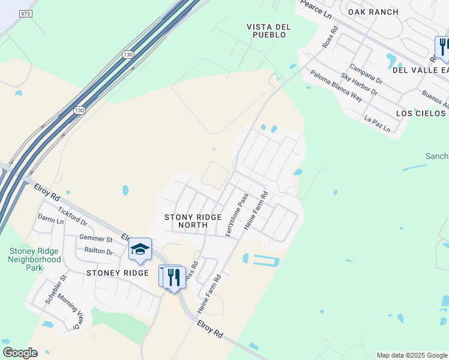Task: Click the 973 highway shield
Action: [x=25, y=13]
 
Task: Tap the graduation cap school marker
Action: [x=140, y=249]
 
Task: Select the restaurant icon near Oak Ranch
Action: [x=443, y=46]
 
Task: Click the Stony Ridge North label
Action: [x=193, y=221]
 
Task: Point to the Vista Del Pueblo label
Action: [x=269, y=31]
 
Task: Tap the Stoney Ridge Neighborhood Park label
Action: [x=34, y=256]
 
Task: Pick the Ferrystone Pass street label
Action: [x=237, y=214]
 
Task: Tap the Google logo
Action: [x=20, y=353]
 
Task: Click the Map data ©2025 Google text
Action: [x=412, y=355]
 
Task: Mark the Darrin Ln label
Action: [x=50, y=220]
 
